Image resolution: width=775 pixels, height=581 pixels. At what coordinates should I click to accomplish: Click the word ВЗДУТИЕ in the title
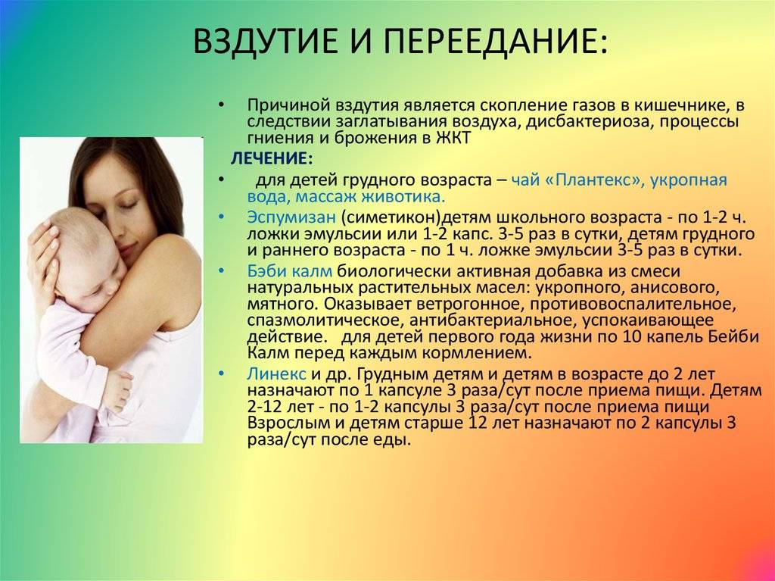coord(266,41)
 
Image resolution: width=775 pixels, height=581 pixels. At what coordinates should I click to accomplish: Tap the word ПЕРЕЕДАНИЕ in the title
coord(495,41)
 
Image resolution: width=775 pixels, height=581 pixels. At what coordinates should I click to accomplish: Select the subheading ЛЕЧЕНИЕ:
coord(272,158)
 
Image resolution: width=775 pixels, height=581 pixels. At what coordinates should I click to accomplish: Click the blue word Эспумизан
coord(291,217)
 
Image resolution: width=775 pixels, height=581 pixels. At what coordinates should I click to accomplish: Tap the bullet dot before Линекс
coord(221,373)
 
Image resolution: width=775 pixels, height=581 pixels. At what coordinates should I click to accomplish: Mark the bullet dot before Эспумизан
coord(221,217)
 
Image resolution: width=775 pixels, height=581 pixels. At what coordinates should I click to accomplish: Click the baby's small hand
coord(120,390)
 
